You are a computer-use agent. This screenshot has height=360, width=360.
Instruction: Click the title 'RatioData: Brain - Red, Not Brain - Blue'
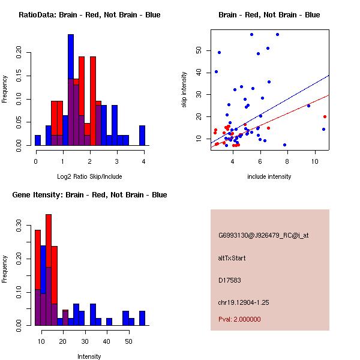click(89, 15)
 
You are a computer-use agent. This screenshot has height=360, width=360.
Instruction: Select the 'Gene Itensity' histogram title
click(89, 195)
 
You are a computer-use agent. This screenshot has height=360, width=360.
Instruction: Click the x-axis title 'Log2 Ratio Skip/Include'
click(89, 176)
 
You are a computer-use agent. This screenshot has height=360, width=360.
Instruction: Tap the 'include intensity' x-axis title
click(269, 176)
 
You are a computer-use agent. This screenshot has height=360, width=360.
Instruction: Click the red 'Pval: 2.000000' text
click(239, 319)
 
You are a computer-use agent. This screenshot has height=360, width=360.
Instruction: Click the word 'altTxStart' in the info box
click(232, 258)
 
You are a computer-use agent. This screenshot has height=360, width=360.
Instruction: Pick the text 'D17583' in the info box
click(230, 280)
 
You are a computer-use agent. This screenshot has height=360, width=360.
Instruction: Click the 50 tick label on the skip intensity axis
click(199, 52)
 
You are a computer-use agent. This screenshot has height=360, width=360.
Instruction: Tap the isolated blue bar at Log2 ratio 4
click(142, 135)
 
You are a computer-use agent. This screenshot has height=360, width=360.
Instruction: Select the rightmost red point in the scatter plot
click(325, 117)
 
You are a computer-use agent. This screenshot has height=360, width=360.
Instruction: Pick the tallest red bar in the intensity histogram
click(49, 270)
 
